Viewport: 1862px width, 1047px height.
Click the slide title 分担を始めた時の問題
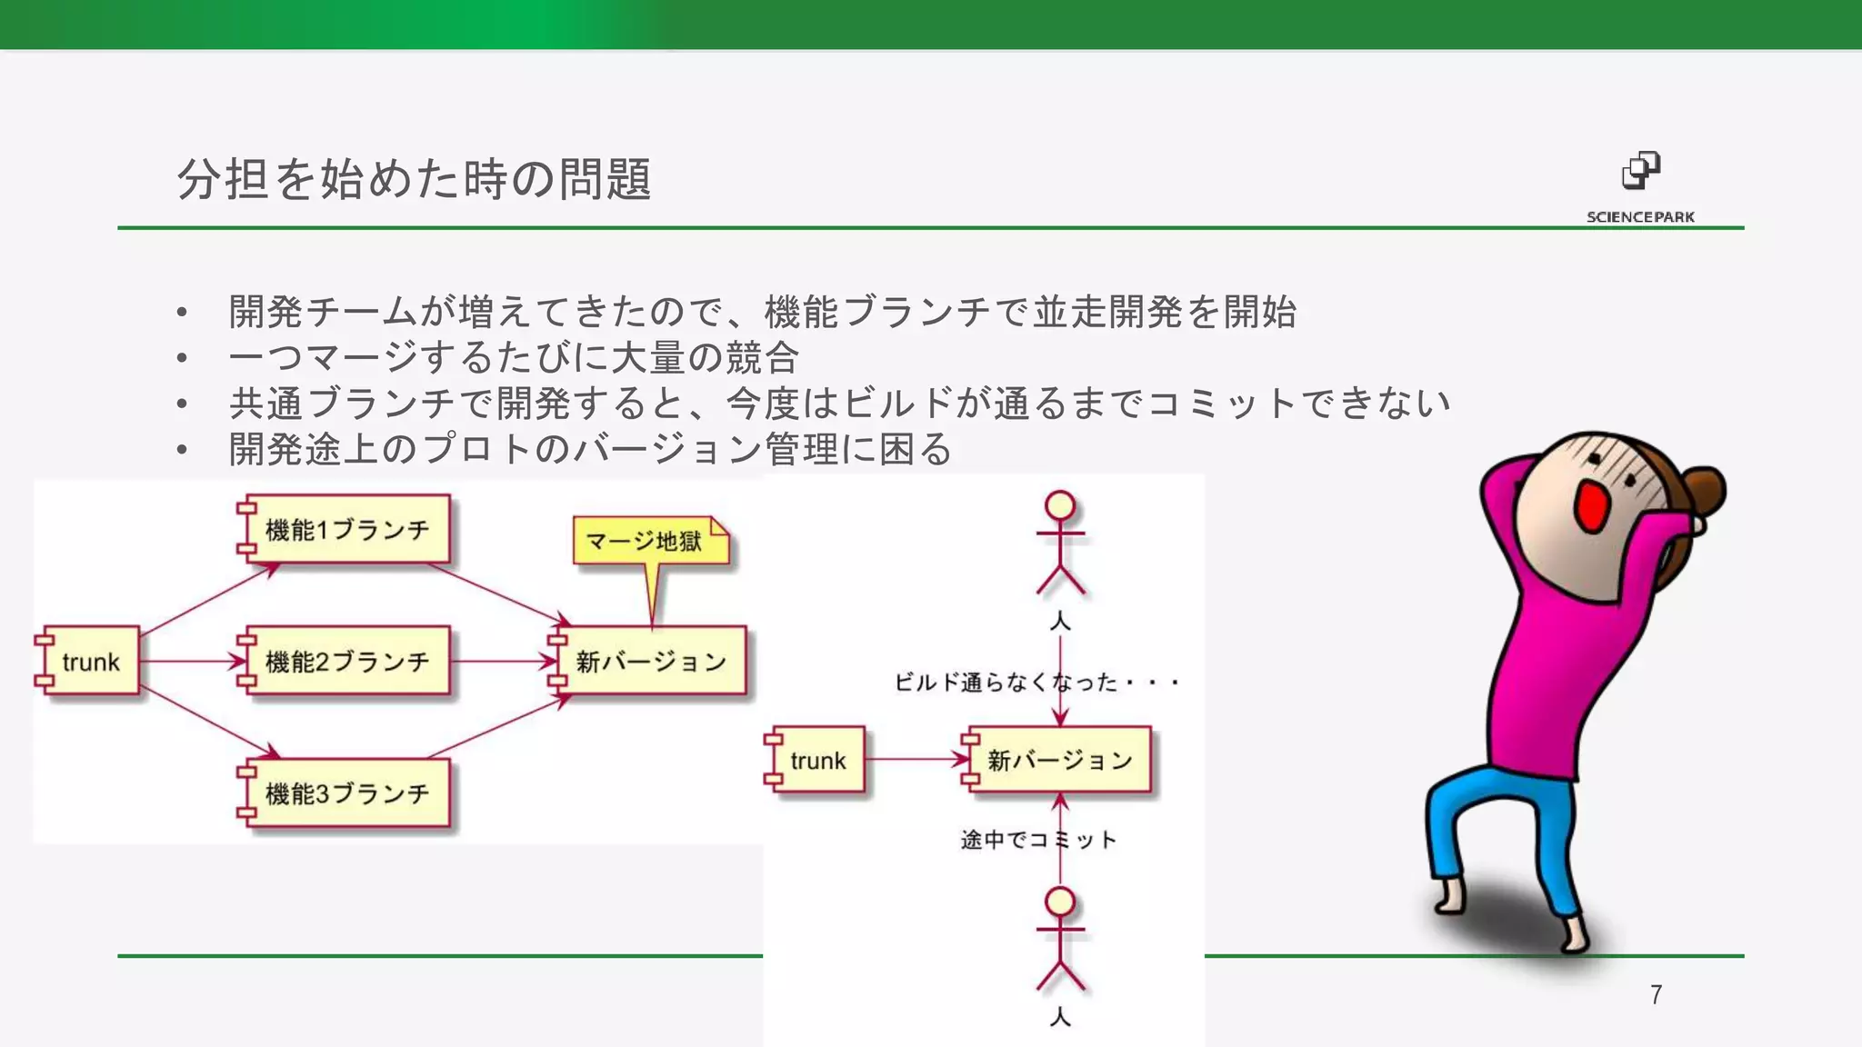[x=414, y=178]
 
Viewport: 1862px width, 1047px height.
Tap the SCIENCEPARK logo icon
[x=1641, y=170]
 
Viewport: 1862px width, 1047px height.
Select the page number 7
[x=1656, y=995]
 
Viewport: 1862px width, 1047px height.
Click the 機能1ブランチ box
[x=346, y=529]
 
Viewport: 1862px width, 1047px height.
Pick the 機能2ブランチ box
[x=346, y=661]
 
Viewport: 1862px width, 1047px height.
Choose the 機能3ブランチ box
[x=346, y=793]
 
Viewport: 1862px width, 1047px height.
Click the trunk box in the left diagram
[x=90, y=661]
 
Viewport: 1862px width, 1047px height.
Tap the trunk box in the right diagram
[x=817, y=760]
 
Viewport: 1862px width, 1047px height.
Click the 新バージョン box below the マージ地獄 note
[x=650, y=661]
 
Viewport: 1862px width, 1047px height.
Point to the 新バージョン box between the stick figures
[x=1060, y=760]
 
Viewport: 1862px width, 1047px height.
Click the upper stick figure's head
[x=1060, y=505]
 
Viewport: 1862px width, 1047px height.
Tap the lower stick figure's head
[x=1060, y=902]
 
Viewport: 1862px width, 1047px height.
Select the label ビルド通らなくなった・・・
[x=1036, y=682]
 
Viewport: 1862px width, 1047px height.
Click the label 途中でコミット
[x=1037, y=839]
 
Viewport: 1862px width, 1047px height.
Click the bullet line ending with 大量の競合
[x=514, y=357]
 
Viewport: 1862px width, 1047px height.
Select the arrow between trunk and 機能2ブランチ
[x=191, y=661]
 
